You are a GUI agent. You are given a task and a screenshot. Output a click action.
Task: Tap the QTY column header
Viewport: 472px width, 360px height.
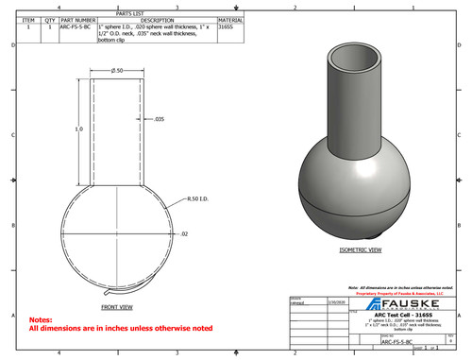[x=50, y=20]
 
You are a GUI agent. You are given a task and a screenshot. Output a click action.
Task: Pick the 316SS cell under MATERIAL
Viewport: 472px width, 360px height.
[x=226, y=27]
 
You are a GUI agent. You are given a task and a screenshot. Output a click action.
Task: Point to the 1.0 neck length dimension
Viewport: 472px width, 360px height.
[x=79, y=129]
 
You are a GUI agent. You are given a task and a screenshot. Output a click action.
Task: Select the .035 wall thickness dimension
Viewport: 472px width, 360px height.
[x=159, y=119]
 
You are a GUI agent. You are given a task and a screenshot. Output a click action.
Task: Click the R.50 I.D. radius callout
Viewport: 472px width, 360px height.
[x=195, y=200]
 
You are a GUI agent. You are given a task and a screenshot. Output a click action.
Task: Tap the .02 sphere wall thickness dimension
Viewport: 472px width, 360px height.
[x=184, y=231]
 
